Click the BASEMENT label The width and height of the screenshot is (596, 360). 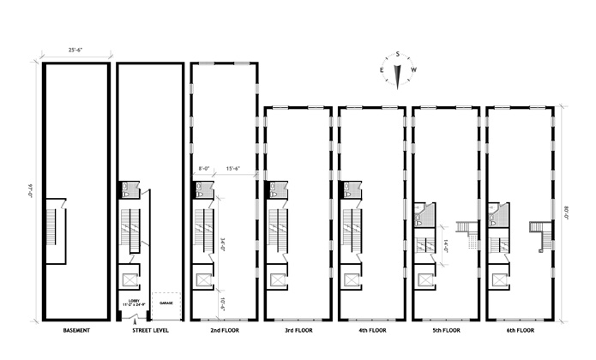pos(76,330)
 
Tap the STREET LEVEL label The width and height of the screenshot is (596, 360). pos(149,330)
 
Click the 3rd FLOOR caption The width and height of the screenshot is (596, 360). pos(298,330)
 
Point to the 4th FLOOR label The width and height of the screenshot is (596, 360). pos(371,330)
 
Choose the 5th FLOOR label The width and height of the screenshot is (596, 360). pos(446,330)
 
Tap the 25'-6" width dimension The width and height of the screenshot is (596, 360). pos(75,51)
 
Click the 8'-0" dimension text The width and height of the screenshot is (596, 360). pos(204,169)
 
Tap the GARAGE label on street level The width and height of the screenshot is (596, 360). pos(167,303)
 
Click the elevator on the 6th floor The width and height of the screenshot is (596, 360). pos(497,279)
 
